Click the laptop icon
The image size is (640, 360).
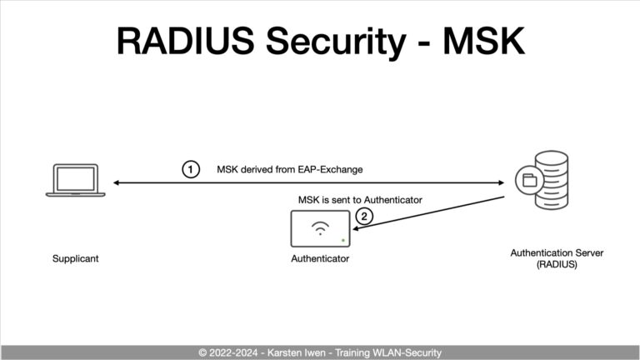(x=75, y=181)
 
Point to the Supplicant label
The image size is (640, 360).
(x=75, y=258)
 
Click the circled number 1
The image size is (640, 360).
(x=191, y=169)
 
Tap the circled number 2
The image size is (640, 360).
(x=362, y=217)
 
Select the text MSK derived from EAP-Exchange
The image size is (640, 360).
(x=289, y=169)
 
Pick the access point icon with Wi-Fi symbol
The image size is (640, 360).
(x=321, y=228)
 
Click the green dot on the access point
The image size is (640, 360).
(x=342, y=241)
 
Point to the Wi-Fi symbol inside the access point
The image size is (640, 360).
(x=320, y=227)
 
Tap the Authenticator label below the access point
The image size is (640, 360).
(x=320, y=258)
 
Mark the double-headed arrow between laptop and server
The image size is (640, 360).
(x=308, y=182)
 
